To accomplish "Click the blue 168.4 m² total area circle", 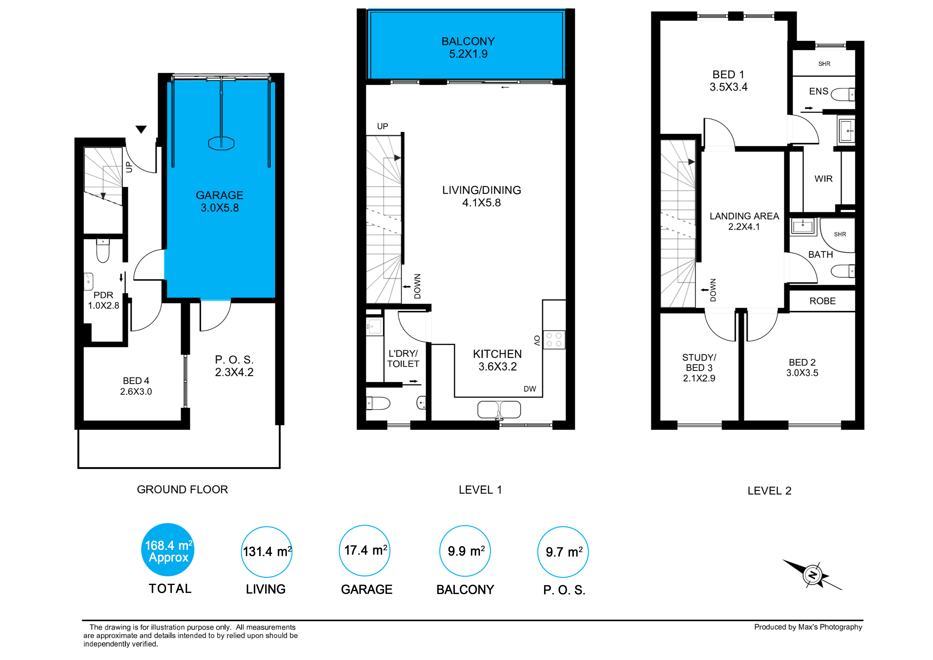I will (168, 550).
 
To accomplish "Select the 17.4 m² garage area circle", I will (364, 551).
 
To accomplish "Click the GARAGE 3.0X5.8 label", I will (219, 201).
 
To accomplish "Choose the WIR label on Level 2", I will (823, 179).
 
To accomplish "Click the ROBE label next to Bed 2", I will (822, 301).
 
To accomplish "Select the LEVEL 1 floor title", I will (480, 490).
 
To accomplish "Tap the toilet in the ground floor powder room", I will (103, 251).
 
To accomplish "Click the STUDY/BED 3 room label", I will (699, 368).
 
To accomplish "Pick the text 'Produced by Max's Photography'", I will (808, 627).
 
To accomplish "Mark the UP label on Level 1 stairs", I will (382, 126).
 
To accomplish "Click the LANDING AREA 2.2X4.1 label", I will (744, 221).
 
